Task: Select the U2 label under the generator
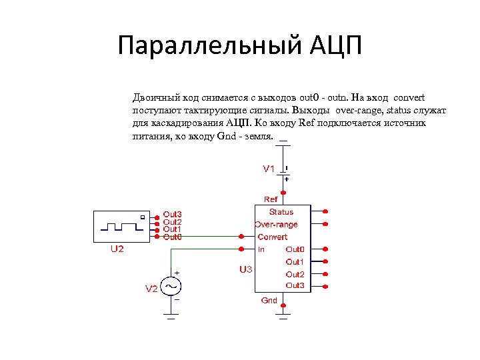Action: pyautogui.click(x=117, y=249)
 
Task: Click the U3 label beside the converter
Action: pyautogui.click(x=245, y=270)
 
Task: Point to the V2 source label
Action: pyautogui.click(x=151, y=289)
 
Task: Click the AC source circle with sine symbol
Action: pyautogui.click(x=171, y=286)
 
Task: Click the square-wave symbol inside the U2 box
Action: pyautogui.click(x=120, y=225)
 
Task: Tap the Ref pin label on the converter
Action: pyautogui.click(x=271, y=199)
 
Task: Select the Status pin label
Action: pyautogui.click(x=281, y=212)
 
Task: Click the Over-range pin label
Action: pyautogui.click(x=276, y=225)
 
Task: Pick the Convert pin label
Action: pyautogui.click(x=273, y=237)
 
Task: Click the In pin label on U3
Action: pyautogui.click(x=261, y=249)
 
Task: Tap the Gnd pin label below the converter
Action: pyautogui.click(x=269, y=301)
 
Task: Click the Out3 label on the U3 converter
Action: pyautogui.click(x=295, y=285)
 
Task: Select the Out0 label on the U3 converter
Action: pyautogui.click(x=295, y=249)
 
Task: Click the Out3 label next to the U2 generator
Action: pyautogui.click(x=173, y=215)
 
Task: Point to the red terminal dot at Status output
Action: pyautogui.click(x=325, y=211)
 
